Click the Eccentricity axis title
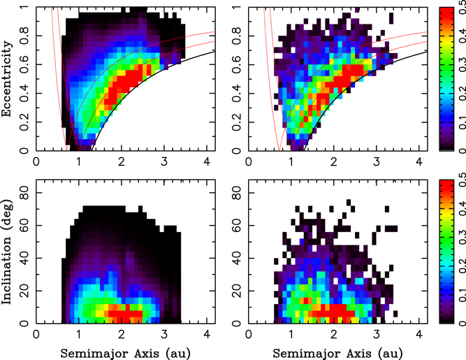[7, 78]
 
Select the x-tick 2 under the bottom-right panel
[337, 335]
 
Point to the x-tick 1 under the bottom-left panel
[79, 335]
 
